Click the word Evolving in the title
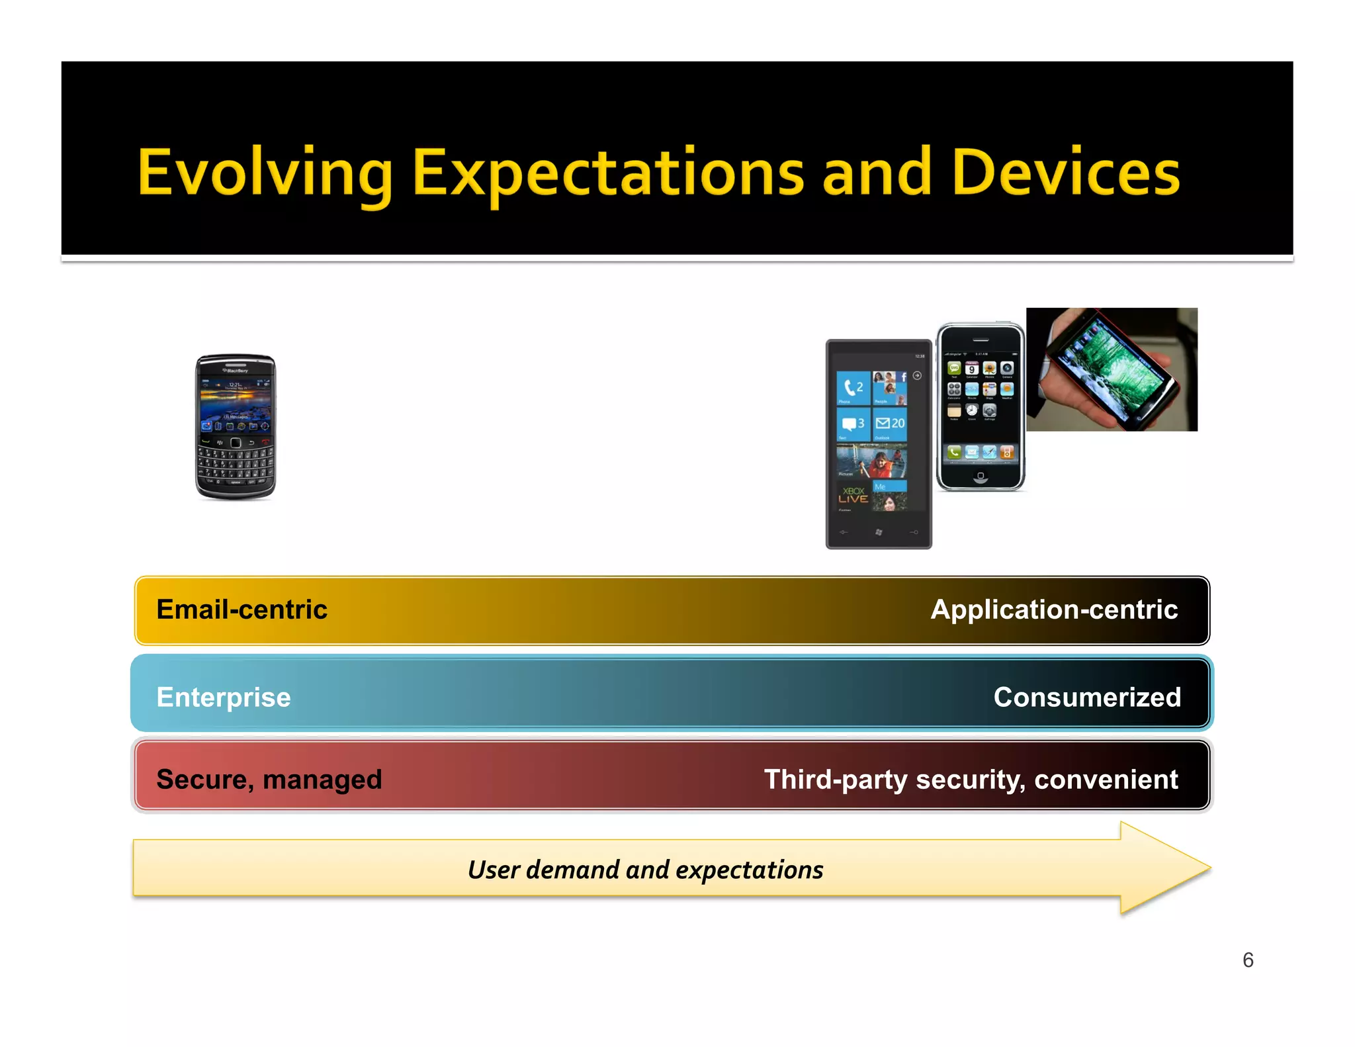(265, 173)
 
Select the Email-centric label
(241, 610)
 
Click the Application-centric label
(1053, 610)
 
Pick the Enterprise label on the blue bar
(224, 698)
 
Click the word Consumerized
(1086, 698)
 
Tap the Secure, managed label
(269, 780)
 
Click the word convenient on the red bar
(1106, 780)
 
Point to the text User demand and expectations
(645, 870)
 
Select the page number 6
(1248, 960)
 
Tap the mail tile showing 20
(890, 424)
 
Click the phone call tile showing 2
(853, 388)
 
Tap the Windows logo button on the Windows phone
(879, 532)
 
